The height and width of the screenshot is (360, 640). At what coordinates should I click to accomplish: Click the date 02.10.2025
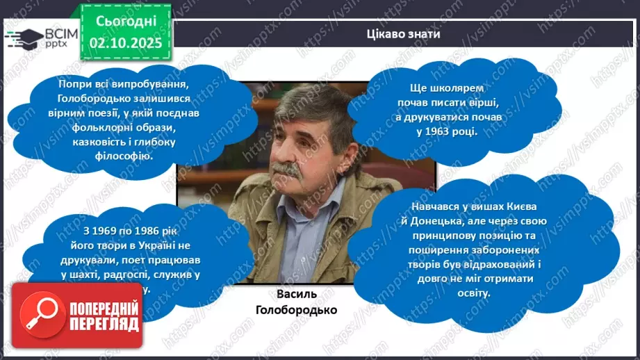[125, 42]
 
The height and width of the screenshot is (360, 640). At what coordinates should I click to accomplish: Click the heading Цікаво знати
[404, 33]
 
